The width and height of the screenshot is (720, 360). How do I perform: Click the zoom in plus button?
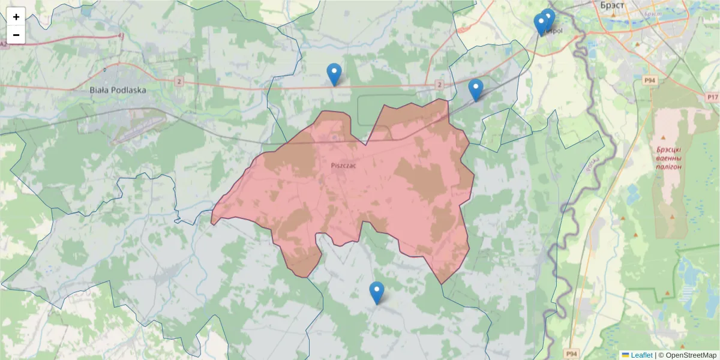[x=16, y=17]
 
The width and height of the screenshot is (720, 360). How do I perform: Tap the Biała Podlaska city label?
[x=118, y=90]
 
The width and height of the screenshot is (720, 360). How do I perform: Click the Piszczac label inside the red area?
[x=343, y=165]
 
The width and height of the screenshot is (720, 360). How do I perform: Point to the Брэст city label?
[x=612, y=5]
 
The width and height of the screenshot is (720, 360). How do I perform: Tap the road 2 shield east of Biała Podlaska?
[x=179, y=80]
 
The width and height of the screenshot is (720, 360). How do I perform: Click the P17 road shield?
[x=712, y=97]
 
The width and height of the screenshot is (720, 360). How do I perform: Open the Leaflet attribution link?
[x=641, y=355]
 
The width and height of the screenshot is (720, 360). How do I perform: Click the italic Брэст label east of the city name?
[x=652, y=13]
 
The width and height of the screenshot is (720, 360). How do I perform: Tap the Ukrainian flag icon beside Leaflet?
[x=625, y=355]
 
